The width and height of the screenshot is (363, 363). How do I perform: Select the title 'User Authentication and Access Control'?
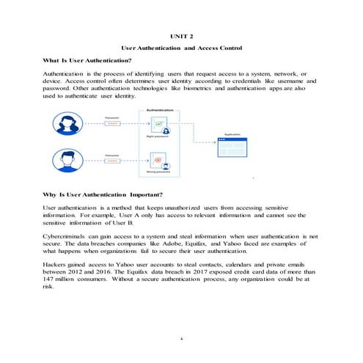tap(180, 48)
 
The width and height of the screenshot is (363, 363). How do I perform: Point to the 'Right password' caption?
tap(157, 136)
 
